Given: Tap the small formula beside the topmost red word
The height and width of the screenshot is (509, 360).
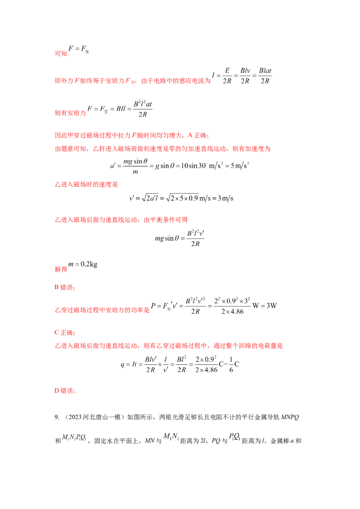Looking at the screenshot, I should click(79, 49).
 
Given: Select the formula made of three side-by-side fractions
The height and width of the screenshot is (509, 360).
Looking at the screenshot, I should click(243, 77).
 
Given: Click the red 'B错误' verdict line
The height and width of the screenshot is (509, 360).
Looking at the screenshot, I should click(61, 288).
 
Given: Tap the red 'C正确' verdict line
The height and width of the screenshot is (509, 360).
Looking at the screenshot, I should click(62, 333).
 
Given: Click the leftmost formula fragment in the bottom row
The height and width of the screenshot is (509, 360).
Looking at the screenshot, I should click(74, 437).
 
